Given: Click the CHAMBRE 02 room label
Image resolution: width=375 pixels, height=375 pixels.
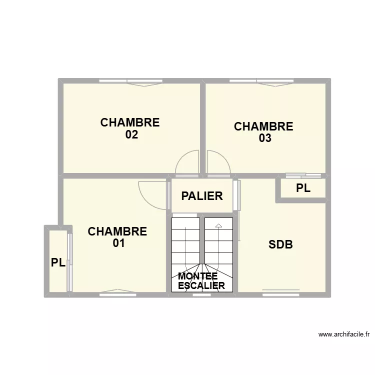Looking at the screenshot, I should pyautogui.click(x=130, y=128).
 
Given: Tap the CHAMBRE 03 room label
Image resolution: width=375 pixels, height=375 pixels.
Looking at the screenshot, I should pyautogui.click(x=263, y=132).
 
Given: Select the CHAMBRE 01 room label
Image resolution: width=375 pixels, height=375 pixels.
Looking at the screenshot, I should pyautogui.click(x=117, y=237).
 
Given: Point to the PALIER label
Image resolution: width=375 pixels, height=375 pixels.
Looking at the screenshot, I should pyautogui.click(x=202, y=196).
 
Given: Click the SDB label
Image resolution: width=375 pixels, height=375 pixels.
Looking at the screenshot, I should pyautogui.click(x=280, y=245).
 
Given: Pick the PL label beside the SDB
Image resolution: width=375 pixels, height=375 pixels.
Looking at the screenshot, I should pyautogui.click(x=303, y=188).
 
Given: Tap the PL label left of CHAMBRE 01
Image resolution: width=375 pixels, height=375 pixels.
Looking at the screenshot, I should pyautogui.click(x=58, y=262).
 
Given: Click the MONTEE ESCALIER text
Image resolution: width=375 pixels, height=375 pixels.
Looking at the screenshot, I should pyautogui.click(x=201, y=281).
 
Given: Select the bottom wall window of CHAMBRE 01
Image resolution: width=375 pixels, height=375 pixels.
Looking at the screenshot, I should pyautogui.click(x=118, y=294).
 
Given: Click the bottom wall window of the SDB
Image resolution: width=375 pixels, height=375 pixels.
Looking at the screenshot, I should pyautogui.click(x=281, y=294).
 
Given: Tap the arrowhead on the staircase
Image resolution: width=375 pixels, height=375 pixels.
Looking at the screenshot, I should pyautogui.click(x=218, y=226).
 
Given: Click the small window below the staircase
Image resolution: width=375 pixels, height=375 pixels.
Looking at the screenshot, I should pyautogui.click(x=202, y=295).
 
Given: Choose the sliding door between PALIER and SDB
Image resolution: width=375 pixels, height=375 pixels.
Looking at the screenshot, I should pyautogui.click(x=238, y=195).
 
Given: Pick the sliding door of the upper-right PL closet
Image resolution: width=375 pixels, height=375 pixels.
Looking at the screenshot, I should pyautogui.click(x=303, y=175).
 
